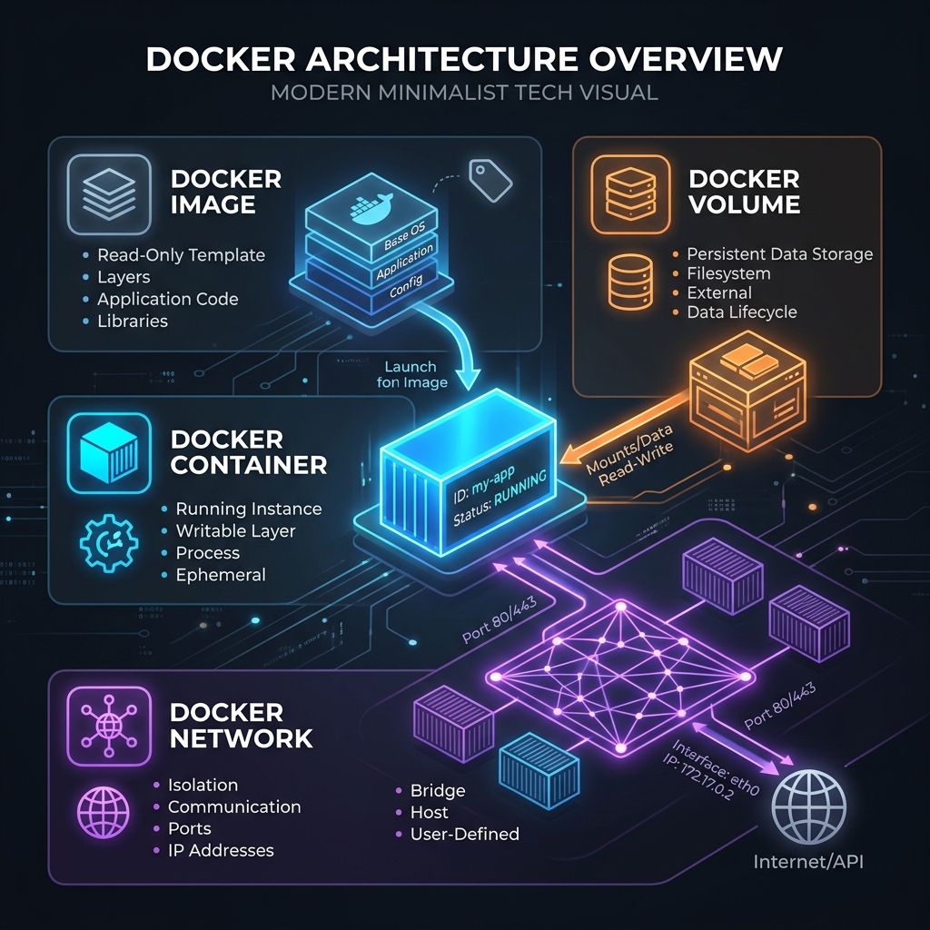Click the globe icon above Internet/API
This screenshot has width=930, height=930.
click(x=808, y=807)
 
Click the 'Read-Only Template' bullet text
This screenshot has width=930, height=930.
click(x=181, y=255)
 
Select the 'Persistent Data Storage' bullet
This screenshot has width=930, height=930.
click(x=778, y=254)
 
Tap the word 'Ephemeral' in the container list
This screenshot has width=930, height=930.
click(x=221, y=575)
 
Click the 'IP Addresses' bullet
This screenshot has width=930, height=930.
click(x=221, y=850)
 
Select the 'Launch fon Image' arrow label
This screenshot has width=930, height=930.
click(x=411, y=374)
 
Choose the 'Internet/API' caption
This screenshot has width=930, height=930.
click(x=807, y=860)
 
